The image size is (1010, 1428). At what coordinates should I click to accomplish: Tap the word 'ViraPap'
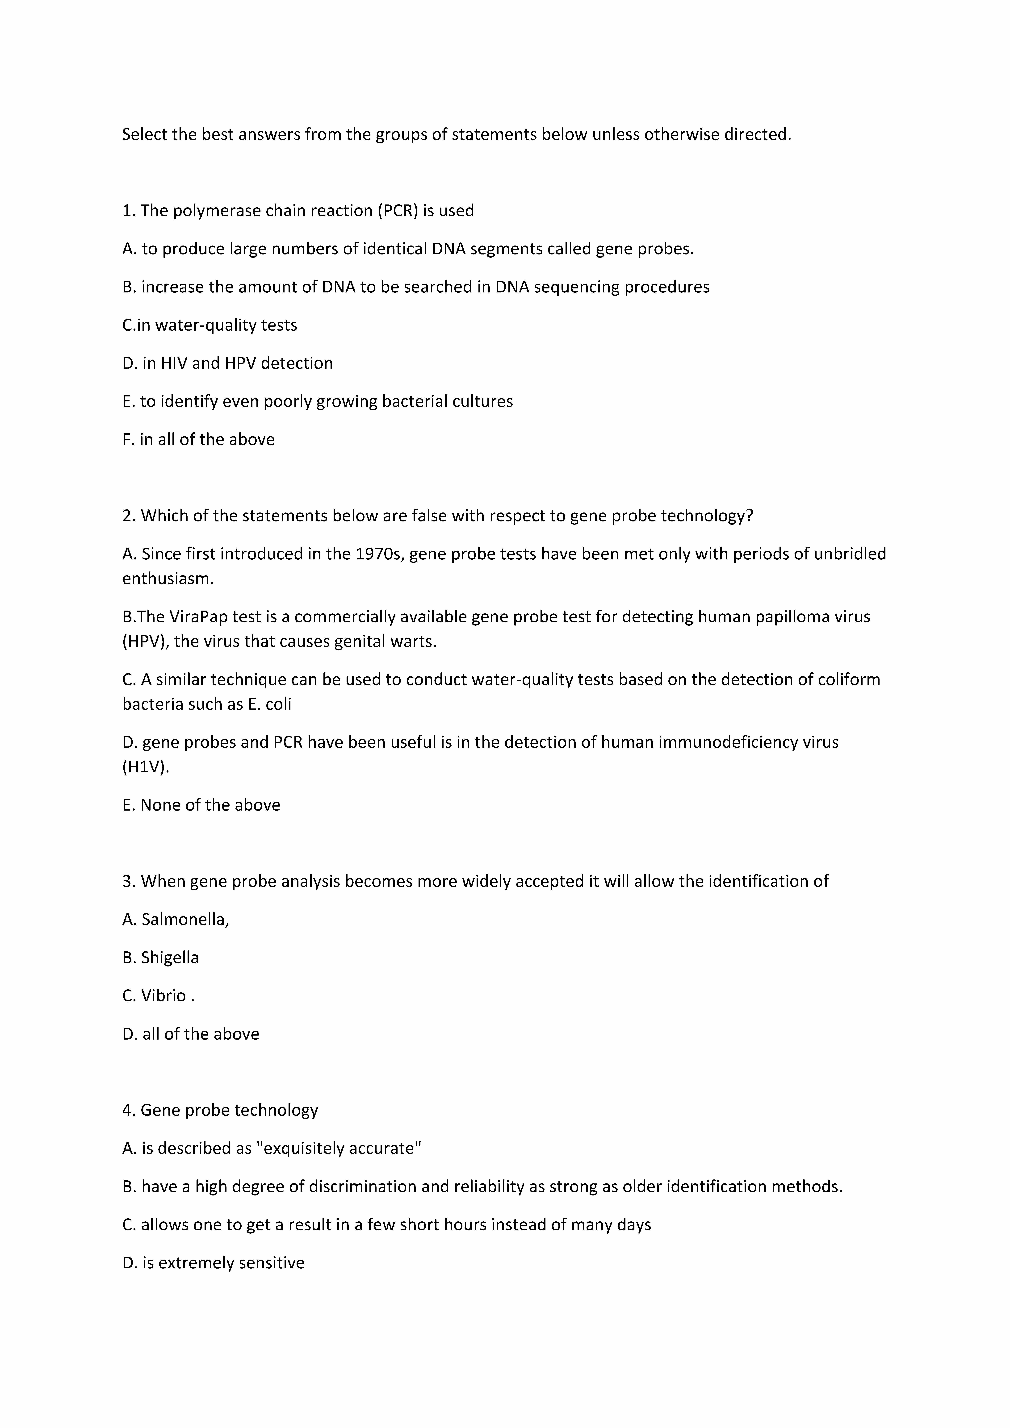click(x=198, y=617)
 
